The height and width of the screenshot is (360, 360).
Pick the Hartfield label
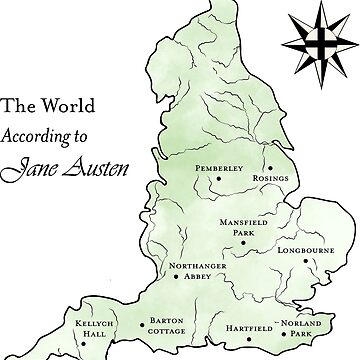point(240,326)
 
